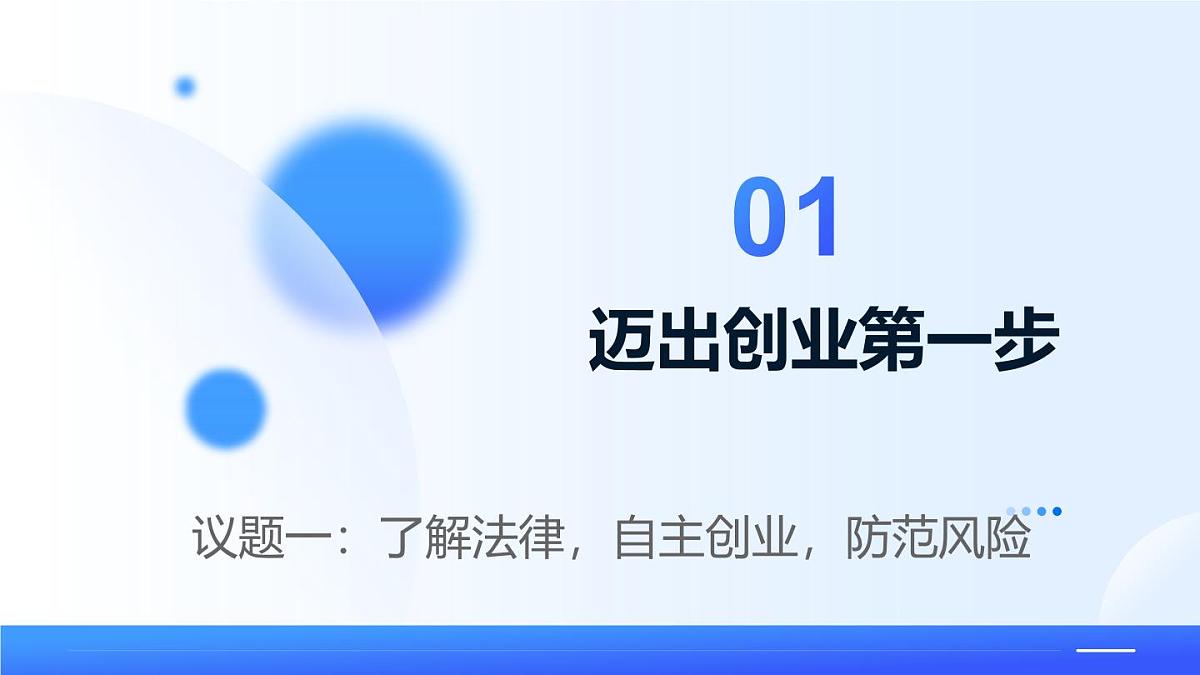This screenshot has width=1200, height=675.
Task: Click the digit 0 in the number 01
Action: tap(762, 218)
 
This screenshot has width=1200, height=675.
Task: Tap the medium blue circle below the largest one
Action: tap(226, 408)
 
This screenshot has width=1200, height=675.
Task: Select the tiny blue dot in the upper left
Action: tap(185, 87)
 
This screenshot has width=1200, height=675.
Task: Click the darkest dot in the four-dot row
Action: tap(1057, 511)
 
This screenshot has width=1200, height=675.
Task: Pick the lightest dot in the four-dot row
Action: tap(1011, 511)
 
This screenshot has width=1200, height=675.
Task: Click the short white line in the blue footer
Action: tap(1105, 650)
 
